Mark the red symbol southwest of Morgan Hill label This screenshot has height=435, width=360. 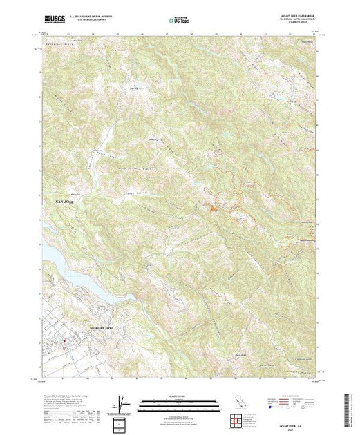point(63,340)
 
